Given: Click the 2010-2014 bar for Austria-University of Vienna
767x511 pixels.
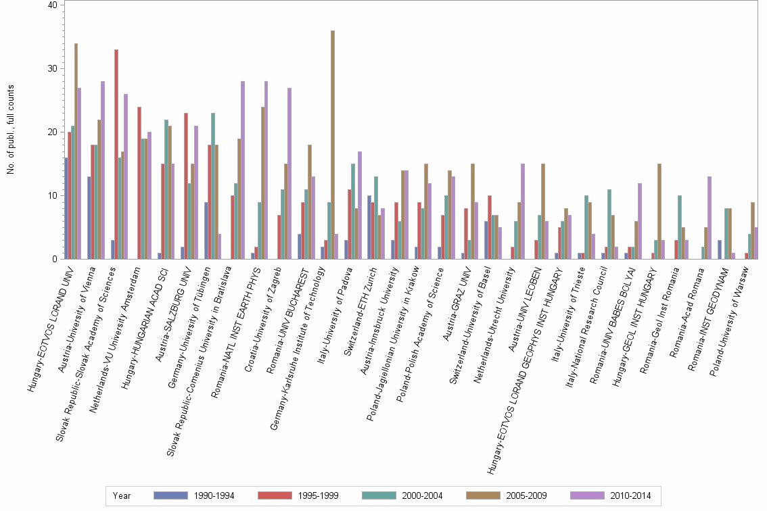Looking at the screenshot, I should pyautogui.click(x=103, y=170).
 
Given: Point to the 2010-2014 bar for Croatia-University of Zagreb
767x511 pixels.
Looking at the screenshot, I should pyautogui.click(x=289, y=173).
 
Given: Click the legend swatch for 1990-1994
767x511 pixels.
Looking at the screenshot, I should pyautogui.click(x=170, y=495).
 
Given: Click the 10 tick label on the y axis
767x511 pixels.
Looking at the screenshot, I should pyautogui.click(x=53, y=195).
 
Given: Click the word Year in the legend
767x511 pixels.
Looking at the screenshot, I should pyautogui.click(x=122, y=495).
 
